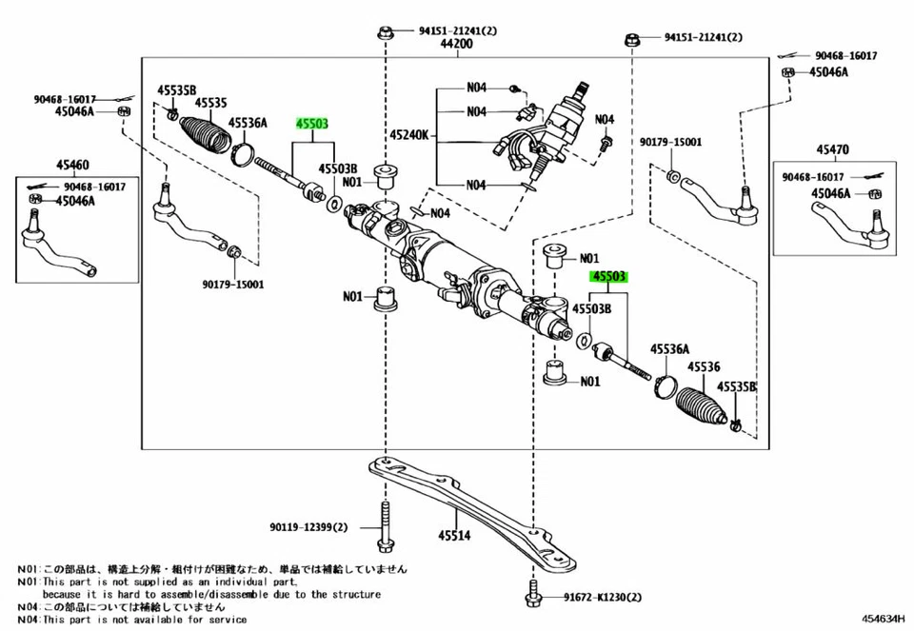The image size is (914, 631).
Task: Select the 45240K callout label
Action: [x=409, y=136]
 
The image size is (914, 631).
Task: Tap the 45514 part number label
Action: [x=454, y=535]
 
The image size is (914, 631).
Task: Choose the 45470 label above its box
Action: [x=834, y=149]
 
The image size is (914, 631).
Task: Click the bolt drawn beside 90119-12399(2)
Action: [x=386, y=527]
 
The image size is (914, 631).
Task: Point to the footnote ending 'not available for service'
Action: [x=144, y=619]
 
